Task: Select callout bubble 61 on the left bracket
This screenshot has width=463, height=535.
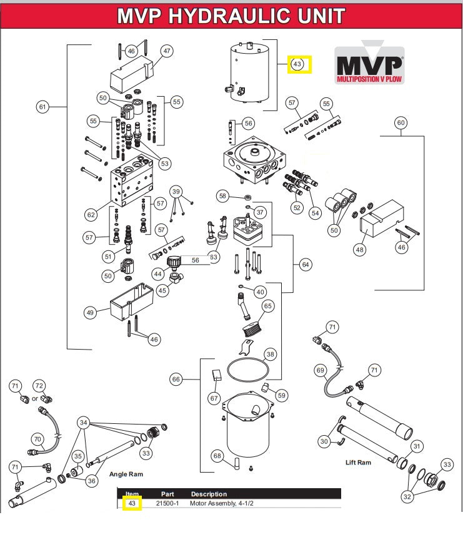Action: [42, 107]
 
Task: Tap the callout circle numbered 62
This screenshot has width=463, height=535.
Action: [91, 215]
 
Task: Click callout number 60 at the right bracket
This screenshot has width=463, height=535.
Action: [401, 123]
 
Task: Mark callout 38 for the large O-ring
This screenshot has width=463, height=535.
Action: [269, 354]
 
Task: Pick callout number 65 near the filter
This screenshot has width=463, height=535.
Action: [267, 307]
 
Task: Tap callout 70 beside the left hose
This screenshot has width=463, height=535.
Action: [37, 439]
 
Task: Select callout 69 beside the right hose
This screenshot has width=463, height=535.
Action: [321, 370]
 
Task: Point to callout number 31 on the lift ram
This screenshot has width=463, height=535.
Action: [416, 446]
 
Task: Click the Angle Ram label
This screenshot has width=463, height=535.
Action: [126, 474]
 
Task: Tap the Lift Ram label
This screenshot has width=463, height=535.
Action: [359, 463]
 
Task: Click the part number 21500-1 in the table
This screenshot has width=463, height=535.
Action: [167, 503]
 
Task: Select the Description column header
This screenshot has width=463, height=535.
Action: [209, 494]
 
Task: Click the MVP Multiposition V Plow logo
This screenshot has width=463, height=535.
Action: [369, 66]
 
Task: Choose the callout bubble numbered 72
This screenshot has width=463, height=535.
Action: [39, 387]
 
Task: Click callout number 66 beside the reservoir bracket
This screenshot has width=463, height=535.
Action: [176, 379]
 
